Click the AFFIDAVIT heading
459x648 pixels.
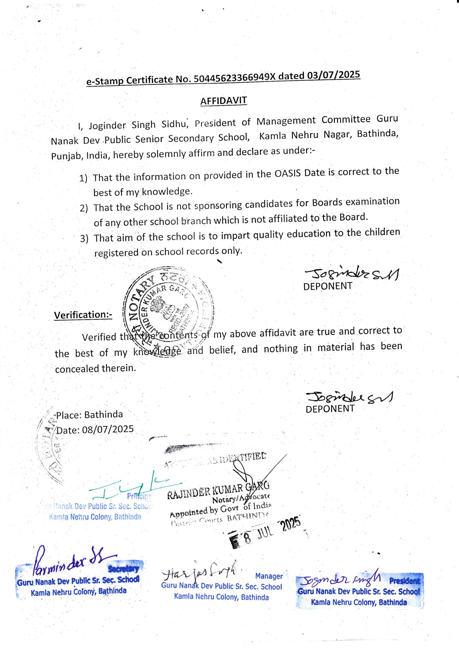(223, 101)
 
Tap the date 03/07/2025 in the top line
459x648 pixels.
(334, 75)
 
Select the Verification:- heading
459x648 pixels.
(83, 315)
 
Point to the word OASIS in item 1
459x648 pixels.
(288, 173)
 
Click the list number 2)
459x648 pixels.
(84, 208)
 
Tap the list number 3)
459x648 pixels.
(84, 238)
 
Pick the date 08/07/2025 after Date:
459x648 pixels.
(108, 429)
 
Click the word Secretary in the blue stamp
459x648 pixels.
(124, 568)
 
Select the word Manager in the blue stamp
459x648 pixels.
(269, 576)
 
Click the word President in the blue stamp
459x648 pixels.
(404, 581)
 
